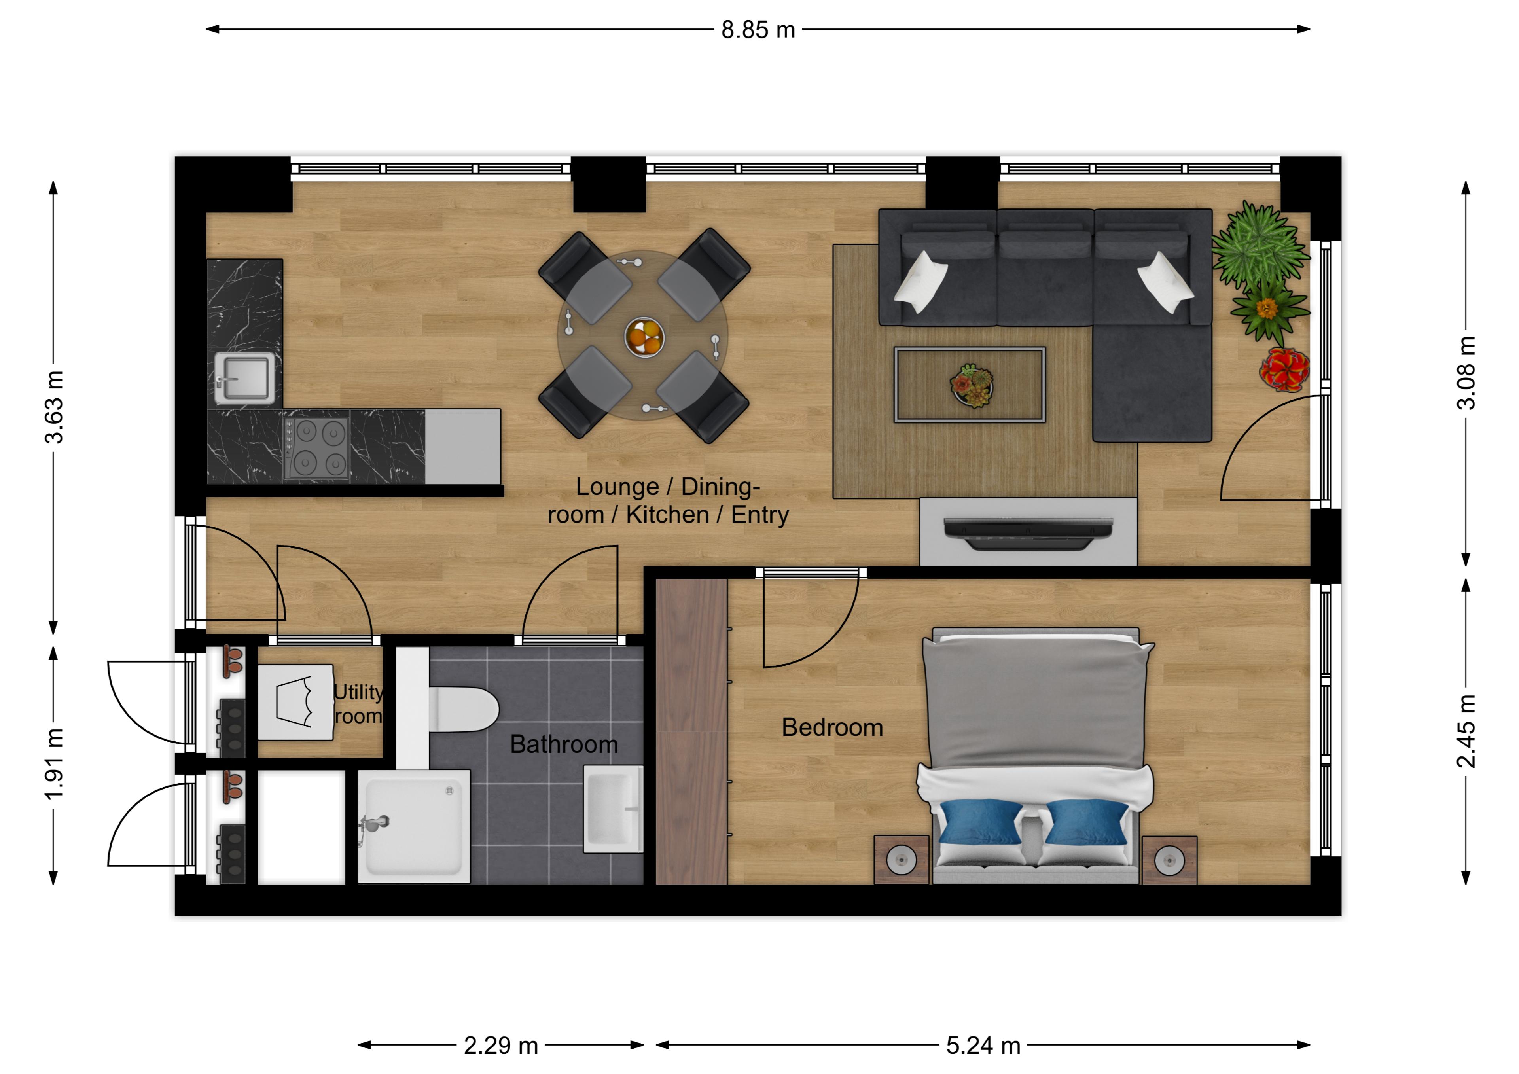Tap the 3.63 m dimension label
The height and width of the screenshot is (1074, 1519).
[x=54, y=407]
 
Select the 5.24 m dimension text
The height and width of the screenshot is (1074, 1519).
[x=983, y=1046]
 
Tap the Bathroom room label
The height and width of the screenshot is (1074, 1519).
[x=564, y=744]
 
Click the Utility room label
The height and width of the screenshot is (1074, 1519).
[x=358, y=704]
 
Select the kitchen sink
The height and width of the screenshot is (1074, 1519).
[x=244, y=378]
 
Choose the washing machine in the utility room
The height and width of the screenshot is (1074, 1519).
[x=295, y=702]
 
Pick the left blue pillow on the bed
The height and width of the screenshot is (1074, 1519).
[x=981, y=822]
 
